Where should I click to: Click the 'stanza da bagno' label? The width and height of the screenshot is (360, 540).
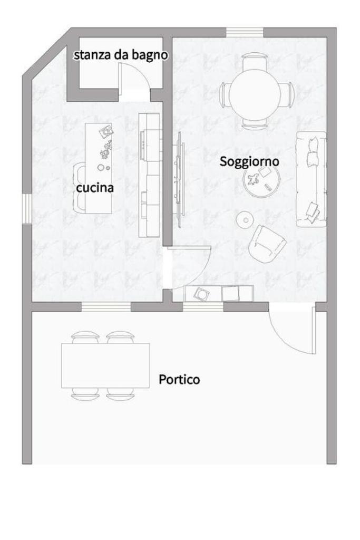pyautogui.click(x=121, y=55)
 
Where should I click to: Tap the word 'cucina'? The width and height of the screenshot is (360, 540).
pyautogui.click(x=95, y=188)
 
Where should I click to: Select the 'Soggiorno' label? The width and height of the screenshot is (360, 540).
pyautogui.click(x=249, y=161)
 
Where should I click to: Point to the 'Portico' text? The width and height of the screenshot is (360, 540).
pyautogui.click(x=179, y=380)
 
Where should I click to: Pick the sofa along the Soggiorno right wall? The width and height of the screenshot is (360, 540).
pyautogui.click(x=311, y=179)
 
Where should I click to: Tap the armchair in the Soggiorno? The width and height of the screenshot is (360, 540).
pyautogui.click(x=267, y=244)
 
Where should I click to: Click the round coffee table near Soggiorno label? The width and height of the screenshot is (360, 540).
pyautogui.click(x=264, y=181)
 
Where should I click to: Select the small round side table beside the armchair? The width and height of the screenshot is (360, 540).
pyautogui.click(x=245, y=220)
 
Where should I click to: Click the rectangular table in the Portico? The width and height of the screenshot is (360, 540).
pyautogui.click(x=105, y=365)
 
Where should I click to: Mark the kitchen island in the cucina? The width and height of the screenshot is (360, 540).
pyautogui.click(x=99, y=168)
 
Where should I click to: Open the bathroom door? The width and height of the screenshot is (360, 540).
pyautogui.click(x=134, y=81)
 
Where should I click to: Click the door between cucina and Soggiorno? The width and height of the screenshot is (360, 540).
pyautogui.click(x=188, y=267)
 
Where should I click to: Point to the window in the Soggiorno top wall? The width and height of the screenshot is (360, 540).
pyautogui.click(x=245, y=32)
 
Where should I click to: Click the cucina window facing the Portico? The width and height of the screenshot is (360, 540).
pyautogui.click(x=106, y=307)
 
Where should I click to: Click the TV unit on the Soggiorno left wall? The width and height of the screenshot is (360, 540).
pyautogui.click(x=179, y=179)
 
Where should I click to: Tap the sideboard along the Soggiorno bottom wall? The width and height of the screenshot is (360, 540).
pyautogui.click(x=219, y=293)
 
